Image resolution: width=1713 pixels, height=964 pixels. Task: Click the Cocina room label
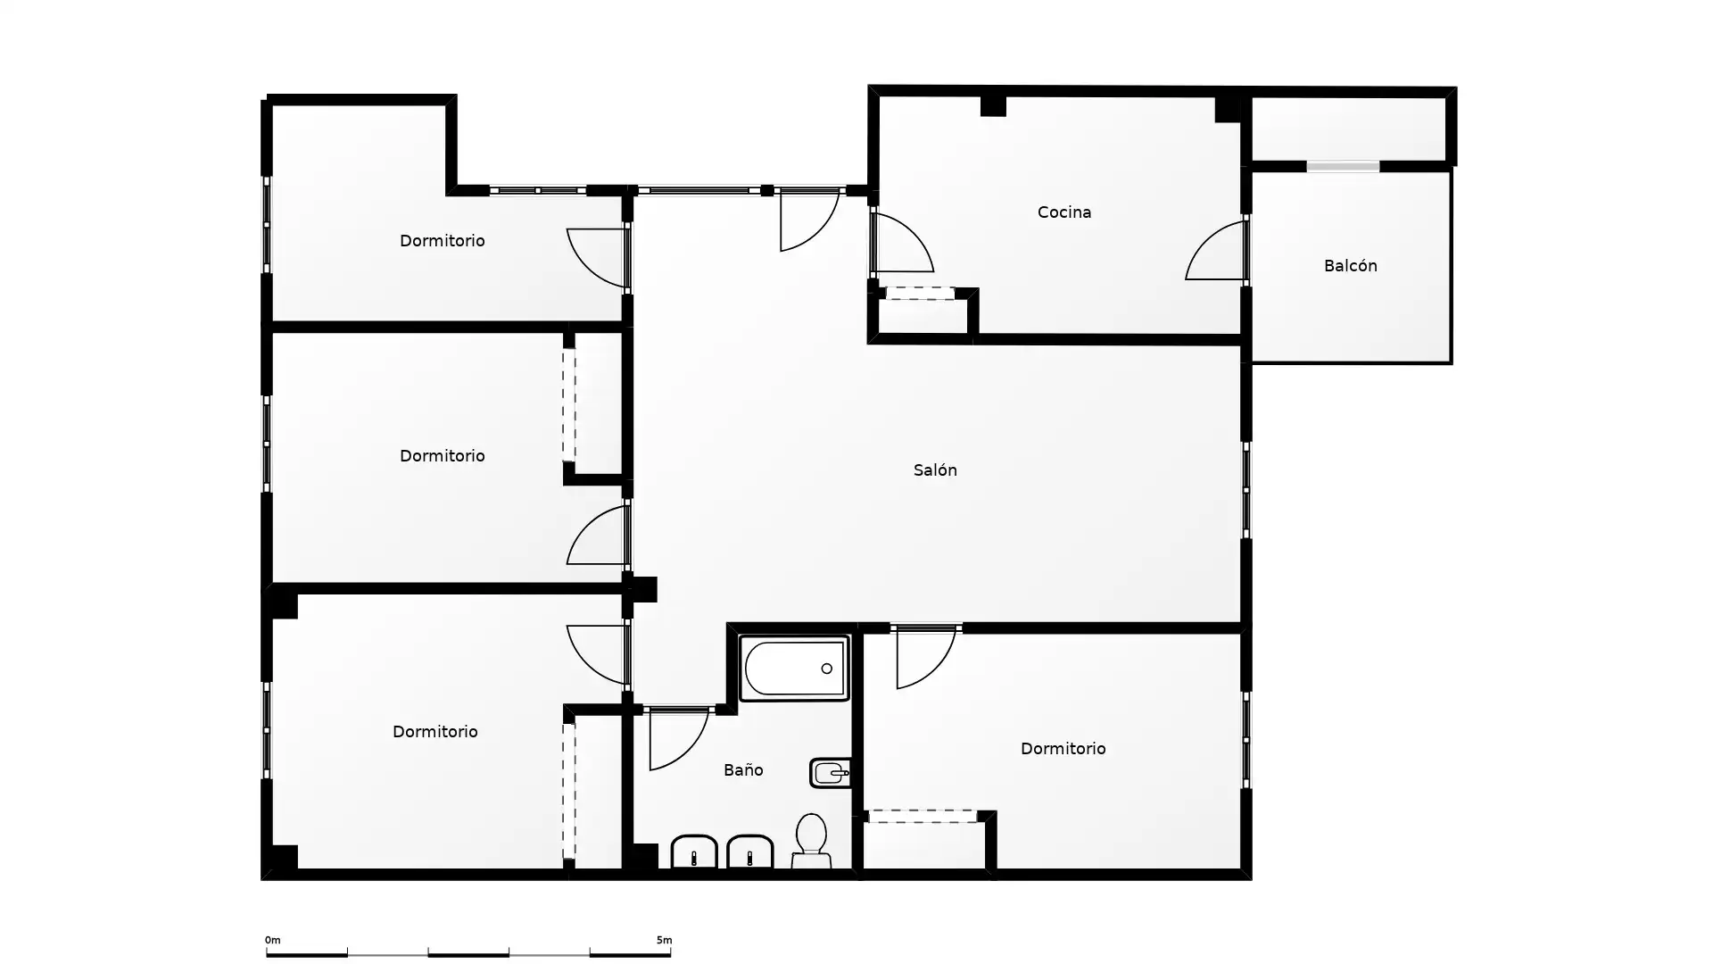1064,212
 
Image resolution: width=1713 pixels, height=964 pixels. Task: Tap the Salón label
935,470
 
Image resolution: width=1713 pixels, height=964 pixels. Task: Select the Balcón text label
1350,266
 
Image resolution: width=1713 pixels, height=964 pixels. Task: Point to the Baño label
743,769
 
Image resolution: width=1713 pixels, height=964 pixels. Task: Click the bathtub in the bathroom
794,668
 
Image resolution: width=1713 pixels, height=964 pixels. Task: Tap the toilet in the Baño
811,840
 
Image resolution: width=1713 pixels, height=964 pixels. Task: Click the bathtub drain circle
827,669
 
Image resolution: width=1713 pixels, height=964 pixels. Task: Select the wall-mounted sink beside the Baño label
830,773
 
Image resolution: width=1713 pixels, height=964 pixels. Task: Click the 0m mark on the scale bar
272,940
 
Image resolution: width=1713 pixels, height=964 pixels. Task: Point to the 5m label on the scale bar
664,940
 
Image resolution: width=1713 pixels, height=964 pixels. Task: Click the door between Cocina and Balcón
1215,251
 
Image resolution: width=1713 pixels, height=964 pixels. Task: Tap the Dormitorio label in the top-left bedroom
442,241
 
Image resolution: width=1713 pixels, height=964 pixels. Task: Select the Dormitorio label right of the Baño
1063,749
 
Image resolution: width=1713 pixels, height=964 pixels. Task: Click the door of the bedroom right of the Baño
925,658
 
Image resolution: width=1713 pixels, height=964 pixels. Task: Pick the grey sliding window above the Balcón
1343,166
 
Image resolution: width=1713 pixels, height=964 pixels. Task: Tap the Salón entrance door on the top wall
809,220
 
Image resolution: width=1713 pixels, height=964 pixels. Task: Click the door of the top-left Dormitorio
597,258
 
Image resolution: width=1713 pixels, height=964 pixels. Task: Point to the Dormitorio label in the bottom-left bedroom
434,732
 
